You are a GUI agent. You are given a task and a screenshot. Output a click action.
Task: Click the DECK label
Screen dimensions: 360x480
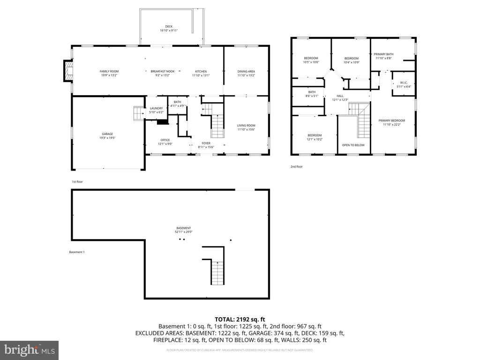pyautogui.click(x=169, y=27)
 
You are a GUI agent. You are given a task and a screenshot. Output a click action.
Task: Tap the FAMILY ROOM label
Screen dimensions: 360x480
pyautogui.click(x=109, y=71)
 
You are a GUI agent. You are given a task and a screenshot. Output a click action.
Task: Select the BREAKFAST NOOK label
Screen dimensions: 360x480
pyautogui.click(x=163, y=71)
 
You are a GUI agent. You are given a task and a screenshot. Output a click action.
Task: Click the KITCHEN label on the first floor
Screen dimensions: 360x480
pyautogui.click(x=201, y=71)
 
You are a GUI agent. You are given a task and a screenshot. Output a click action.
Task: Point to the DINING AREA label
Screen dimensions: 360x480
pyautogui.click(x=246, y=71)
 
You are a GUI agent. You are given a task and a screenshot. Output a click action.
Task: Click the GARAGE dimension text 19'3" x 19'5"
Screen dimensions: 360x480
pyautogui.click(x=107, y=138)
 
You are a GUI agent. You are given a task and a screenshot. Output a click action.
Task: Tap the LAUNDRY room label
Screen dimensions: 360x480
pyautogui.click(x=156, y=108)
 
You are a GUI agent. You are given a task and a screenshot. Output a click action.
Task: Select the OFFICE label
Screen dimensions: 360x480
pyautogui.click(x=165, y=140)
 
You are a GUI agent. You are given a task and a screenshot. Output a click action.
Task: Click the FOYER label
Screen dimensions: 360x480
pyautogui.click(x=206, y=143)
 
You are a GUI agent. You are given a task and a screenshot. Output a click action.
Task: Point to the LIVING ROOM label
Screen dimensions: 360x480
pyautogui.click(x=246, y=125)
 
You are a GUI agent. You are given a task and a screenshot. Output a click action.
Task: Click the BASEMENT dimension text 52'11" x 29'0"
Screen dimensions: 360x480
pyautogui.click(x=184, y=232)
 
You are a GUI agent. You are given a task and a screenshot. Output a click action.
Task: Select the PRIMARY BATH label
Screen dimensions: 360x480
pyautogui.click(x=383, y=54)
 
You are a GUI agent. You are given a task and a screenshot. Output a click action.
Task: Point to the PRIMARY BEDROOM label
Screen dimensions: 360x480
pyautogui.click(x=391, y=120)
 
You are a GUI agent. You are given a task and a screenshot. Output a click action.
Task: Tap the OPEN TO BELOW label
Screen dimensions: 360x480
pyautogui.click(x=353, y=145)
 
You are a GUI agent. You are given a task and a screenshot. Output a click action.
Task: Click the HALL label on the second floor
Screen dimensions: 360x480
pyautogui.click(x=340, y=96)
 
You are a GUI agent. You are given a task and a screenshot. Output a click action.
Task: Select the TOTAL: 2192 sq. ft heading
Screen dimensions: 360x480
pyautogui.click(x=240, y=319)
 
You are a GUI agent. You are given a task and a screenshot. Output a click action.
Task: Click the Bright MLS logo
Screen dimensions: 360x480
pyautogui.click(x=29, y=350)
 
